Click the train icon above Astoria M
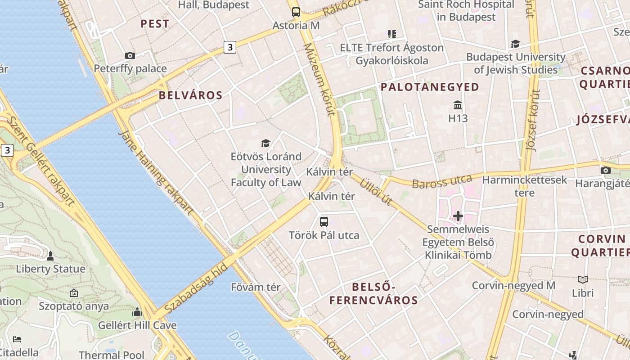pos(296,12)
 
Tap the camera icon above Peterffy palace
pos(130,55)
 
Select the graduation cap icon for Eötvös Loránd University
pos(266,144)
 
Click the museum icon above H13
pos(458,105)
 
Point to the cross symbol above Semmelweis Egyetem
pos(458,216)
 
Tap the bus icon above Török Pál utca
pos(324,221)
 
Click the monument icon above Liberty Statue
pos(50,256)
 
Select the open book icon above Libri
pos(583,279)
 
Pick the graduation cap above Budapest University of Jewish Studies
pos(515,44)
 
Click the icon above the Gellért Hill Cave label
pos(137,312)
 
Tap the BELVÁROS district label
pos(190,95)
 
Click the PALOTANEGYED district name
pos(430,87)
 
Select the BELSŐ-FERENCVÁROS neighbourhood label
pos(373,293)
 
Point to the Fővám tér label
pos(256,287)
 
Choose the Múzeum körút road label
pos(319,79)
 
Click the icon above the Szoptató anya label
pos(74,293)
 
